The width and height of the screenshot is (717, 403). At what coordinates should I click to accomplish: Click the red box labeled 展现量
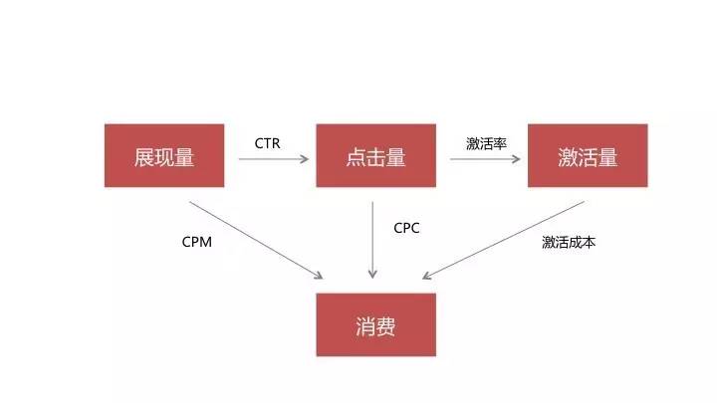click(163, 155)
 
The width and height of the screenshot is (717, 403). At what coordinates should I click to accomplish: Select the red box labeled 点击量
click(375, 155)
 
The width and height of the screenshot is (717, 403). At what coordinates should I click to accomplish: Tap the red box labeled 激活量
click(588, 155)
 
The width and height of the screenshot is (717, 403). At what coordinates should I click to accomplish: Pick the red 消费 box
click(375, 324)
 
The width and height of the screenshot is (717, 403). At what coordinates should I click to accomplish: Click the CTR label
click(267, 143)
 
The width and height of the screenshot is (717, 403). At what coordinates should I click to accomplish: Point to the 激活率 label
click(486, 143)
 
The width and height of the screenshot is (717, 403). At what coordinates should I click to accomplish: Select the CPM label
click(197, 241)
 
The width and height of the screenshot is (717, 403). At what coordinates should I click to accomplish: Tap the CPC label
click(406, 228)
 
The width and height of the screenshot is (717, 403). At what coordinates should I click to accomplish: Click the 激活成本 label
click(569, 242)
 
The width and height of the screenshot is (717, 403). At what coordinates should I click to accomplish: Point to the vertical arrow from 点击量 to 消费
click(372, 239)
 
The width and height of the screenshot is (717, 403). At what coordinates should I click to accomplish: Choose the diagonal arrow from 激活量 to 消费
click(504, 240)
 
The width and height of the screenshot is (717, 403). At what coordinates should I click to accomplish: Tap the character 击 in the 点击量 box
click(375, 156)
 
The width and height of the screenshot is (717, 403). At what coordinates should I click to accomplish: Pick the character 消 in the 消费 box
click(364, 325)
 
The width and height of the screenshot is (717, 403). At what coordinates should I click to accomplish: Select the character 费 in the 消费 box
click(386, 325)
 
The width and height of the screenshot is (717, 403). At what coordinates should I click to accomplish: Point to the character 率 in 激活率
click(500, 143)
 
